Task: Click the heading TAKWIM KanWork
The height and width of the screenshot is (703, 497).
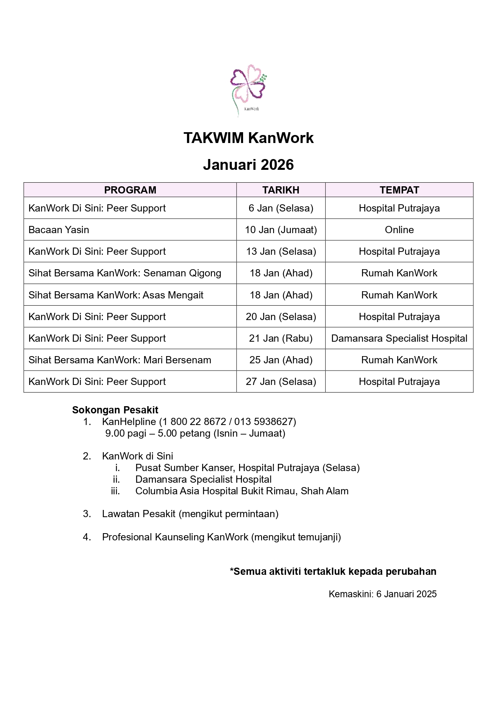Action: point(248,138)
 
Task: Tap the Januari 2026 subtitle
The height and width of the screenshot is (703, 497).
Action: point(248,165)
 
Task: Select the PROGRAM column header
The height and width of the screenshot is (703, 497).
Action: point(130,190)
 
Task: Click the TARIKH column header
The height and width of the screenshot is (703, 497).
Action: point(281,190)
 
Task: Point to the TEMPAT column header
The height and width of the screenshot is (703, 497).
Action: point(399,190)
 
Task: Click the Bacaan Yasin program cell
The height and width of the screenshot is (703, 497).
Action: point(59,230)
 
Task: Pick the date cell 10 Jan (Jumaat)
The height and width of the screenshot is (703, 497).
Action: point(281,230)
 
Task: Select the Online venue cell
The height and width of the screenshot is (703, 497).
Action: point(399,230)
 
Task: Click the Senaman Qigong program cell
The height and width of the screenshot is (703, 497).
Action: point(125,273)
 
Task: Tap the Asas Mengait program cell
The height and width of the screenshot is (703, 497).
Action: point(116,295)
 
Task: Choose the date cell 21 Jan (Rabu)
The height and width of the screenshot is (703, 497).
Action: point(281,338)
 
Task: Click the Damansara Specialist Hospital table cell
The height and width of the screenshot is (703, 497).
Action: point(399,338)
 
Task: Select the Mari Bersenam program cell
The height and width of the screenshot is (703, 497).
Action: point(120,360)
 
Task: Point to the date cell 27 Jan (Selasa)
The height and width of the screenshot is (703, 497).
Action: point(281,382)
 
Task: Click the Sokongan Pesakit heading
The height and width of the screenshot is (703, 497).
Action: point(115,410)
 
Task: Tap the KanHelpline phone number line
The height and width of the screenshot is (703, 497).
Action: point(199,422)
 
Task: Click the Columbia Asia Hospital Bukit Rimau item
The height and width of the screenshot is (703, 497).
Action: point(242,491)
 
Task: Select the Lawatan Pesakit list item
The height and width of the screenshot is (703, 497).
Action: point(190,514)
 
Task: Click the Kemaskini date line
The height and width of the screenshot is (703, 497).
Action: point(382,594)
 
